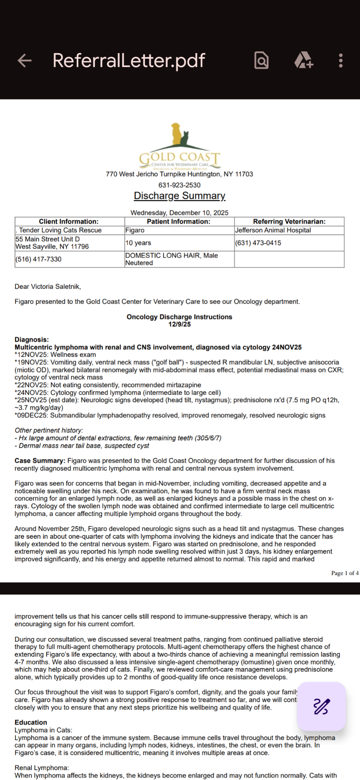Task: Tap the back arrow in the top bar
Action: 25,61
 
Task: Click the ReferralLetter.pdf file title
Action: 129,61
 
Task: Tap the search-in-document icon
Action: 261,61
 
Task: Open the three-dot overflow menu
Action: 341,61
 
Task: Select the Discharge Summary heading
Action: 180,196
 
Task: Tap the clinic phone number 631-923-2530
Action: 180,185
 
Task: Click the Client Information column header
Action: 69,222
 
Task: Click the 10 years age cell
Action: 138,243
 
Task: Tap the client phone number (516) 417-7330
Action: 38,259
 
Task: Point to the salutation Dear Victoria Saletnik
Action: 48,287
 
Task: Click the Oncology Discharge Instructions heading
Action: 180,317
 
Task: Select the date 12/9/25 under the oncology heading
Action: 180,325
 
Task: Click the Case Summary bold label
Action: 40,461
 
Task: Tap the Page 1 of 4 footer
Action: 345,573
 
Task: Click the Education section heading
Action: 31,722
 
